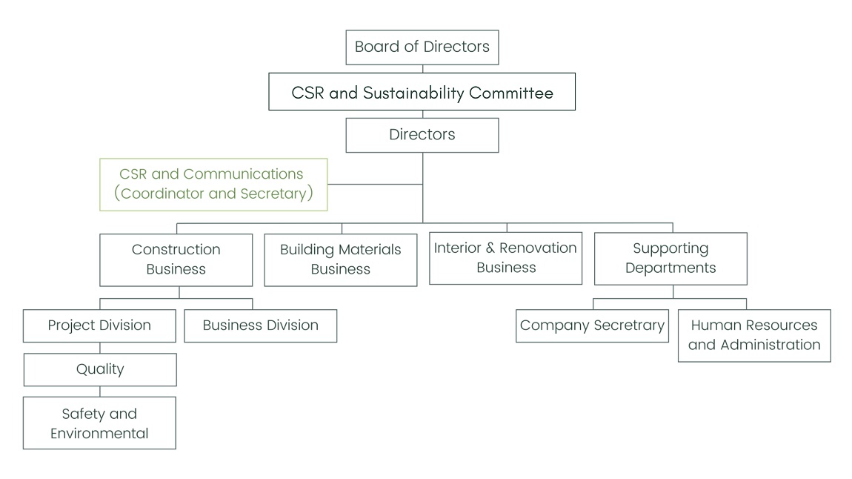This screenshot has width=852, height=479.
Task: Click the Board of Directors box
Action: coord(422,47)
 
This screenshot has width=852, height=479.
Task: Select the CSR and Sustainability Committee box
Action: coord(422,92)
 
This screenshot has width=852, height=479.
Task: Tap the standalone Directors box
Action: coord(422,135)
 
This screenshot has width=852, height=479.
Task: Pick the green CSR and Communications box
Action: coord(213,185)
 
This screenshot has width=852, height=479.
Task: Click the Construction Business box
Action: coord(176,260)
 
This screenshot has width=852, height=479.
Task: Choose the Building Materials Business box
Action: coord(341,260)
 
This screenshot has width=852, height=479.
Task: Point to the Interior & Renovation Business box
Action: coord(506,258)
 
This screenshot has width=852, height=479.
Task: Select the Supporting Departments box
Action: coord(670,259)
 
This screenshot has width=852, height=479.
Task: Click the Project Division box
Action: coord(99,326)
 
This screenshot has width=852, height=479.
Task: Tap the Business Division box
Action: coord(260,326)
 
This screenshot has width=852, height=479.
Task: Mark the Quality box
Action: coord(100,369)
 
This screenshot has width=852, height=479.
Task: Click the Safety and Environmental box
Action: coord(99,423)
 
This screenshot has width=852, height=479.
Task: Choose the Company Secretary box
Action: coord(593,326)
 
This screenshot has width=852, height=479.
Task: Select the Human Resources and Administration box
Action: coord(754,335)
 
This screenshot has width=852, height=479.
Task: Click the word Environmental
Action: coord(99,434)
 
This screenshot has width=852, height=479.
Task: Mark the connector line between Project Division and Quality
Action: coord(100,348)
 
